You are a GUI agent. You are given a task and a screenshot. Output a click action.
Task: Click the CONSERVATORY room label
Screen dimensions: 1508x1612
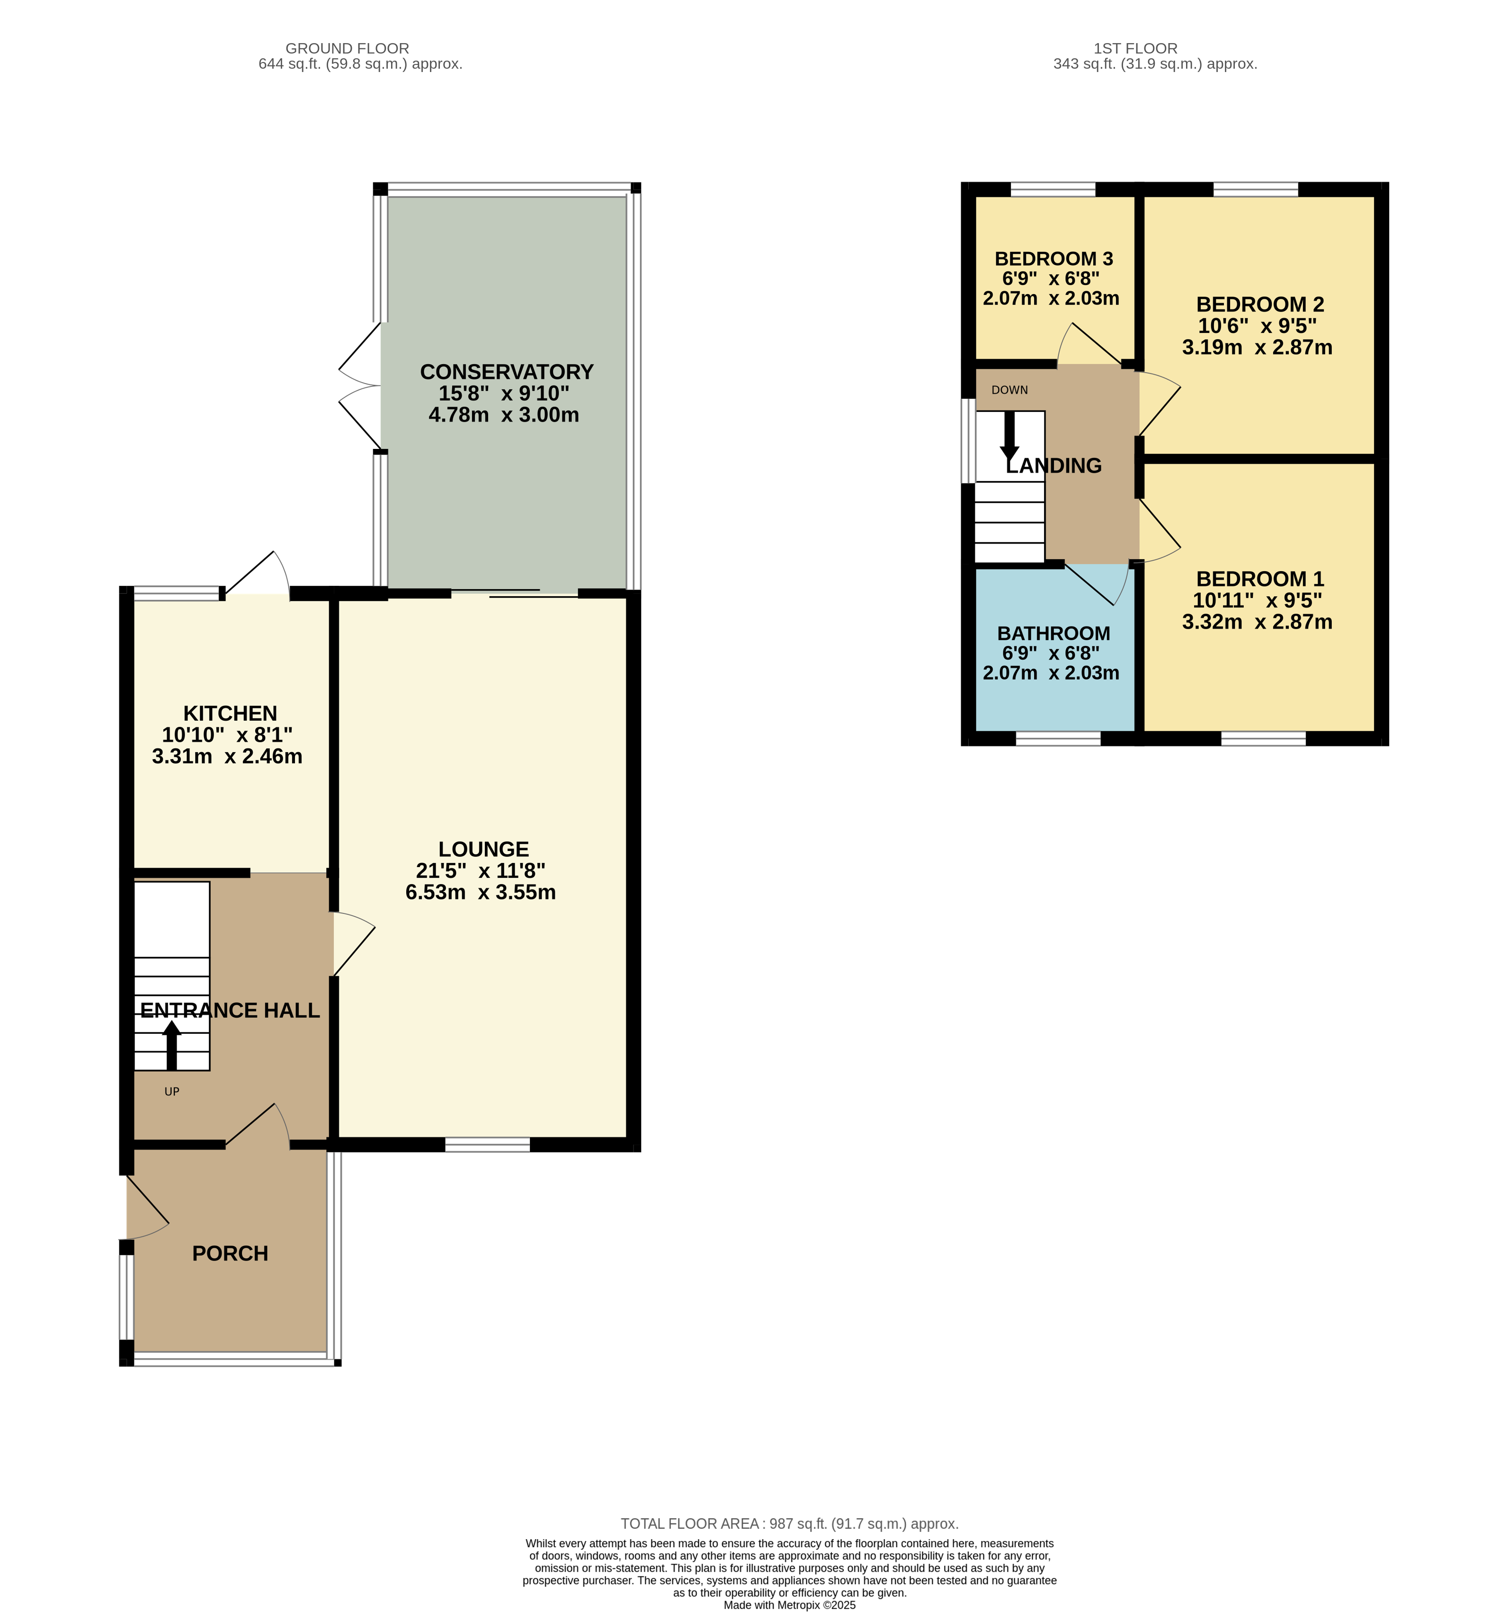point(507,372)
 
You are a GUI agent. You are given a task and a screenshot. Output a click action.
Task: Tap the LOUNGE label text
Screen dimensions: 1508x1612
point(484,849)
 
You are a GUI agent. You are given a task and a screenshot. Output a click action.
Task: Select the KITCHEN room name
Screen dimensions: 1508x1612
point(230,714)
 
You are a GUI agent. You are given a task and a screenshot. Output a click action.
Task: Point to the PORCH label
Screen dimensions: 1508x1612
point(230,1254)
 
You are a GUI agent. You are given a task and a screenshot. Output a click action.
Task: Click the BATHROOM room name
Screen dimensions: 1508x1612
point(1054,633)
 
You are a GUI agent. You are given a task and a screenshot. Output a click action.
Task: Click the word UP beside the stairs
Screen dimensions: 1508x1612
point(172,1092)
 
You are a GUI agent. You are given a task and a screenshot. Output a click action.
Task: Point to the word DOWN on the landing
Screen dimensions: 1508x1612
point(1009,390)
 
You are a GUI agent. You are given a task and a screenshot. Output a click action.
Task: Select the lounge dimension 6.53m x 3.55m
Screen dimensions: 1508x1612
point(481,893)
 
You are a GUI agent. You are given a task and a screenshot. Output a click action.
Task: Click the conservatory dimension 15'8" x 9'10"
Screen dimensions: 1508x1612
point(504,394)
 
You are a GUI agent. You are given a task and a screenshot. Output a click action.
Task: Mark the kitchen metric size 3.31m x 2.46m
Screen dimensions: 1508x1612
point(227,757)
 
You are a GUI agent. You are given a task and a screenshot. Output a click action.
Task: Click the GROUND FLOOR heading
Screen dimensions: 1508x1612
point(347,49)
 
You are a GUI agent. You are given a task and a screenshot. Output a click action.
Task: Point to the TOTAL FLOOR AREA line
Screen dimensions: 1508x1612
point(790,1523)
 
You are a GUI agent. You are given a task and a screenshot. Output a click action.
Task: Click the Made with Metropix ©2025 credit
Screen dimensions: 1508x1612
point(790,1605)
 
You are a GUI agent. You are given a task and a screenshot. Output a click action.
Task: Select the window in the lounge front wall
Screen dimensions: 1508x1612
point(487,1145)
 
